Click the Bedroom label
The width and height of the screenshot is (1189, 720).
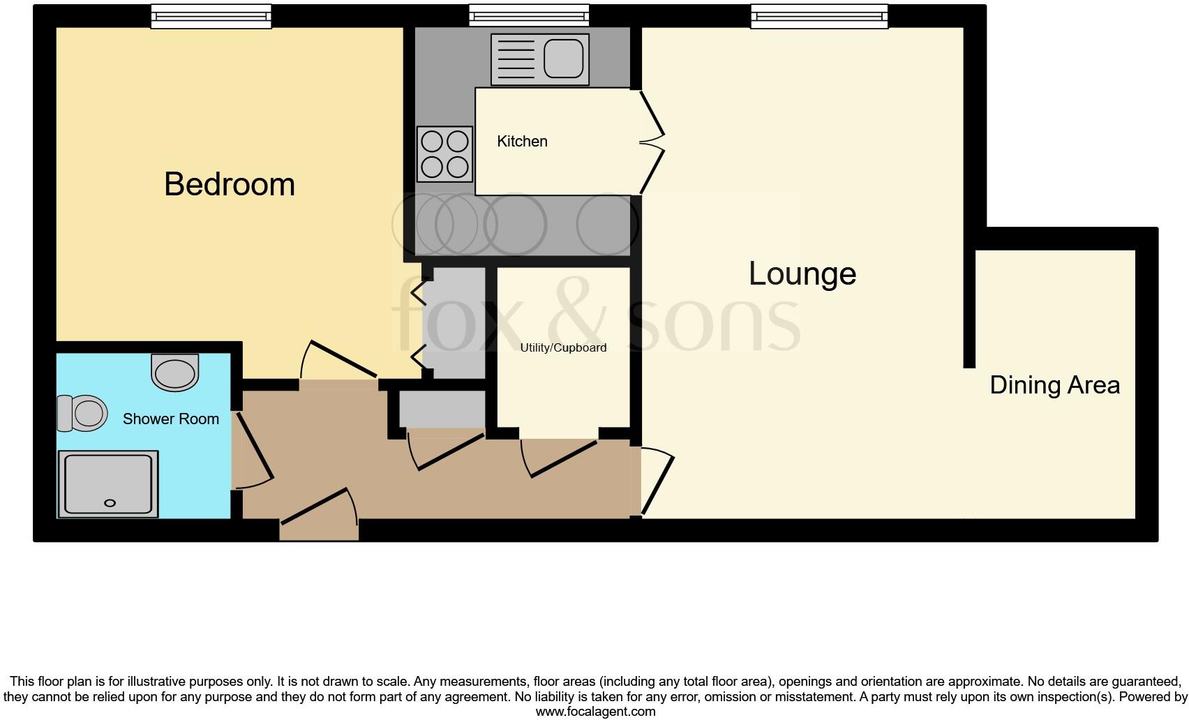coord(230,184)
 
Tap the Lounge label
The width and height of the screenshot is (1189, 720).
coord(802,273)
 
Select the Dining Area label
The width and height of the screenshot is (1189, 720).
coord(1054,385)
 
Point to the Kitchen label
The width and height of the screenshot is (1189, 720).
coord(522,142)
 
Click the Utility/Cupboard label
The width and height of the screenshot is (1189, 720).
coord(563,347)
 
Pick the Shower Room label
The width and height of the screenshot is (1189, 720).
coord(171,419)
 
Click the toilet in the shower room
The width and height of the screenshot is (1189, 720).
coord(82,412)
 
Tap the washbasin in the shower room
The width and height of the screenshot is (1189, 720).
coord(174,372)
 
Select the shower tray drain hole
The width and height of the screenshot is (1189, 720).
coord(110,502)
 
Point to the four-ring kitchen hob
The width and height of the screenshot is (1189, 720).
coord(444,154)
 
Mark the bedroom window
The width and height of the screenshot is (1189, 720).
coord(211,16)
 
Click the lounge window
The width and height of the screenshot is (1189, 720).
coord(819,16)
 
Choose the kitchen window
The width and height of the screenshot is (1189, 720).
coord(529,16)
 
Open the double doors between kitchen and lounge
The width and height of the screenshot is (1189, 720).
coord(651,142)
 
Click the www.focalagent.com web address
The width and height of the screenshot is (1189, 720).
coord(595,712)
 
